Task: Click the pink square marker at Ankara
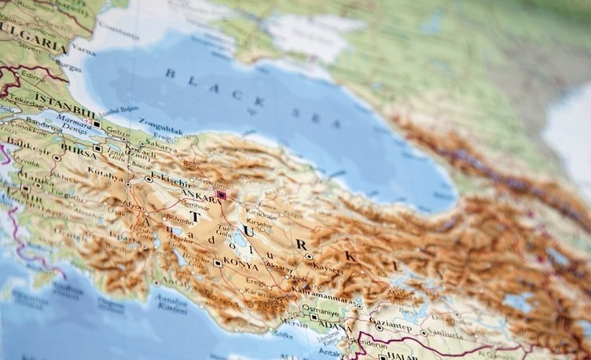pyautogui.click(x=222, y=194)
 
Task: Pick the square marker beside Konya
pyautogui.click(x=217, y=263)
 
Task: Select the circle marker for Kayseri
pyautogui.click(x=309, y=256)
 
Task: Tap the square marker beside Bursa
pyautogui.click(x=97, y=148)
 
